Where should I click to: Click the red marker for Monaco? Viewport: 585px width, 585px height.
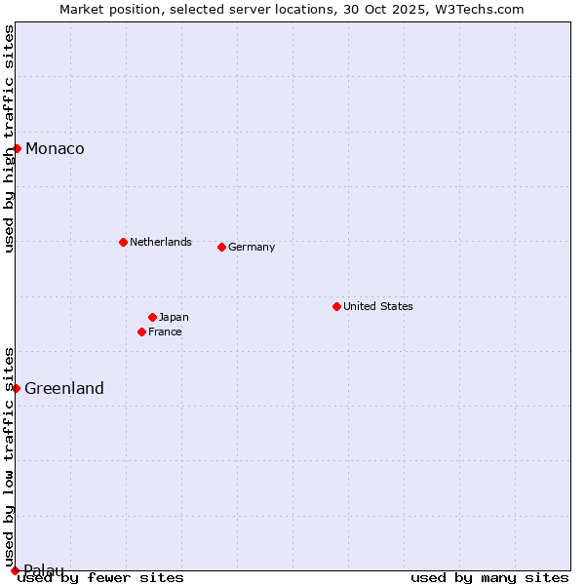click(18, 148)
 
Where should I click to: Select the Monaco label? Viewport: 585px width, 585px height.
click(55, 149)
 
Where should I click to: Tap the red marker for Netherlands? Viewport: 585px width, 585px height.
click(123, 242)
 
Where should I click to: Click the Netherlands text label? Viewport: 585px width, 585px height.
click(160, 242)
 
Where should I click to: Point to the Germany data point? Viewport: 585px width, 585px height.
click(222, 247)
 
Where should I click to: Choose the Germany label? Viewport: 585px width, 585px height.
click(252, 248)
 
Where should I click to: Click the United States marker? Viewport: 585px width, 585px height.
click(336, 306)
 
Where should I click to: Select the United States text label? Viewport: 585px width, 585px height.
click(377, 306)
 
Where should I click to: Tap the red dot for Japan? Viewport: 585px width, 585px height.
click(152, 317)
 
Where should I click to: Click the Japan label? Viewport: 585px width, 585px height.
click(174, 317)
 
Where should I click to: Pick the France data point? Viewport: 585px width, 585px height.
click(142, 331)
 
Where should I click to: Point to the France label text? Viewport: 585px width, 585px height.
click(165, 332)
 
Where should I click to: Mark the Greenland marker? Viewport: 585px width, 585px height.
click(17, 388)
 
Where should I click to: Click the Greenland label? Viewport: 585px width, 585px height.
click(64, 389)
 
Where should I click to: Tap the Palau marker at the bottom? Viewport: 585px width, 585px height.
click(15, 570)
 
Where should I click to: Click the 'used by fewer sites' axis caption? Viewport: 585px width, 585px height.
click(101, 578)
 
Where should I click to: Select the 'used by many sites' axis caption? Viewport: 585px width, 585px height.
click(489, 578)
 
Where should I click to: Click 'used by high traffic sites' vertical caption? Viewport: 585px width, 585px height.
click(9, 139)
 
